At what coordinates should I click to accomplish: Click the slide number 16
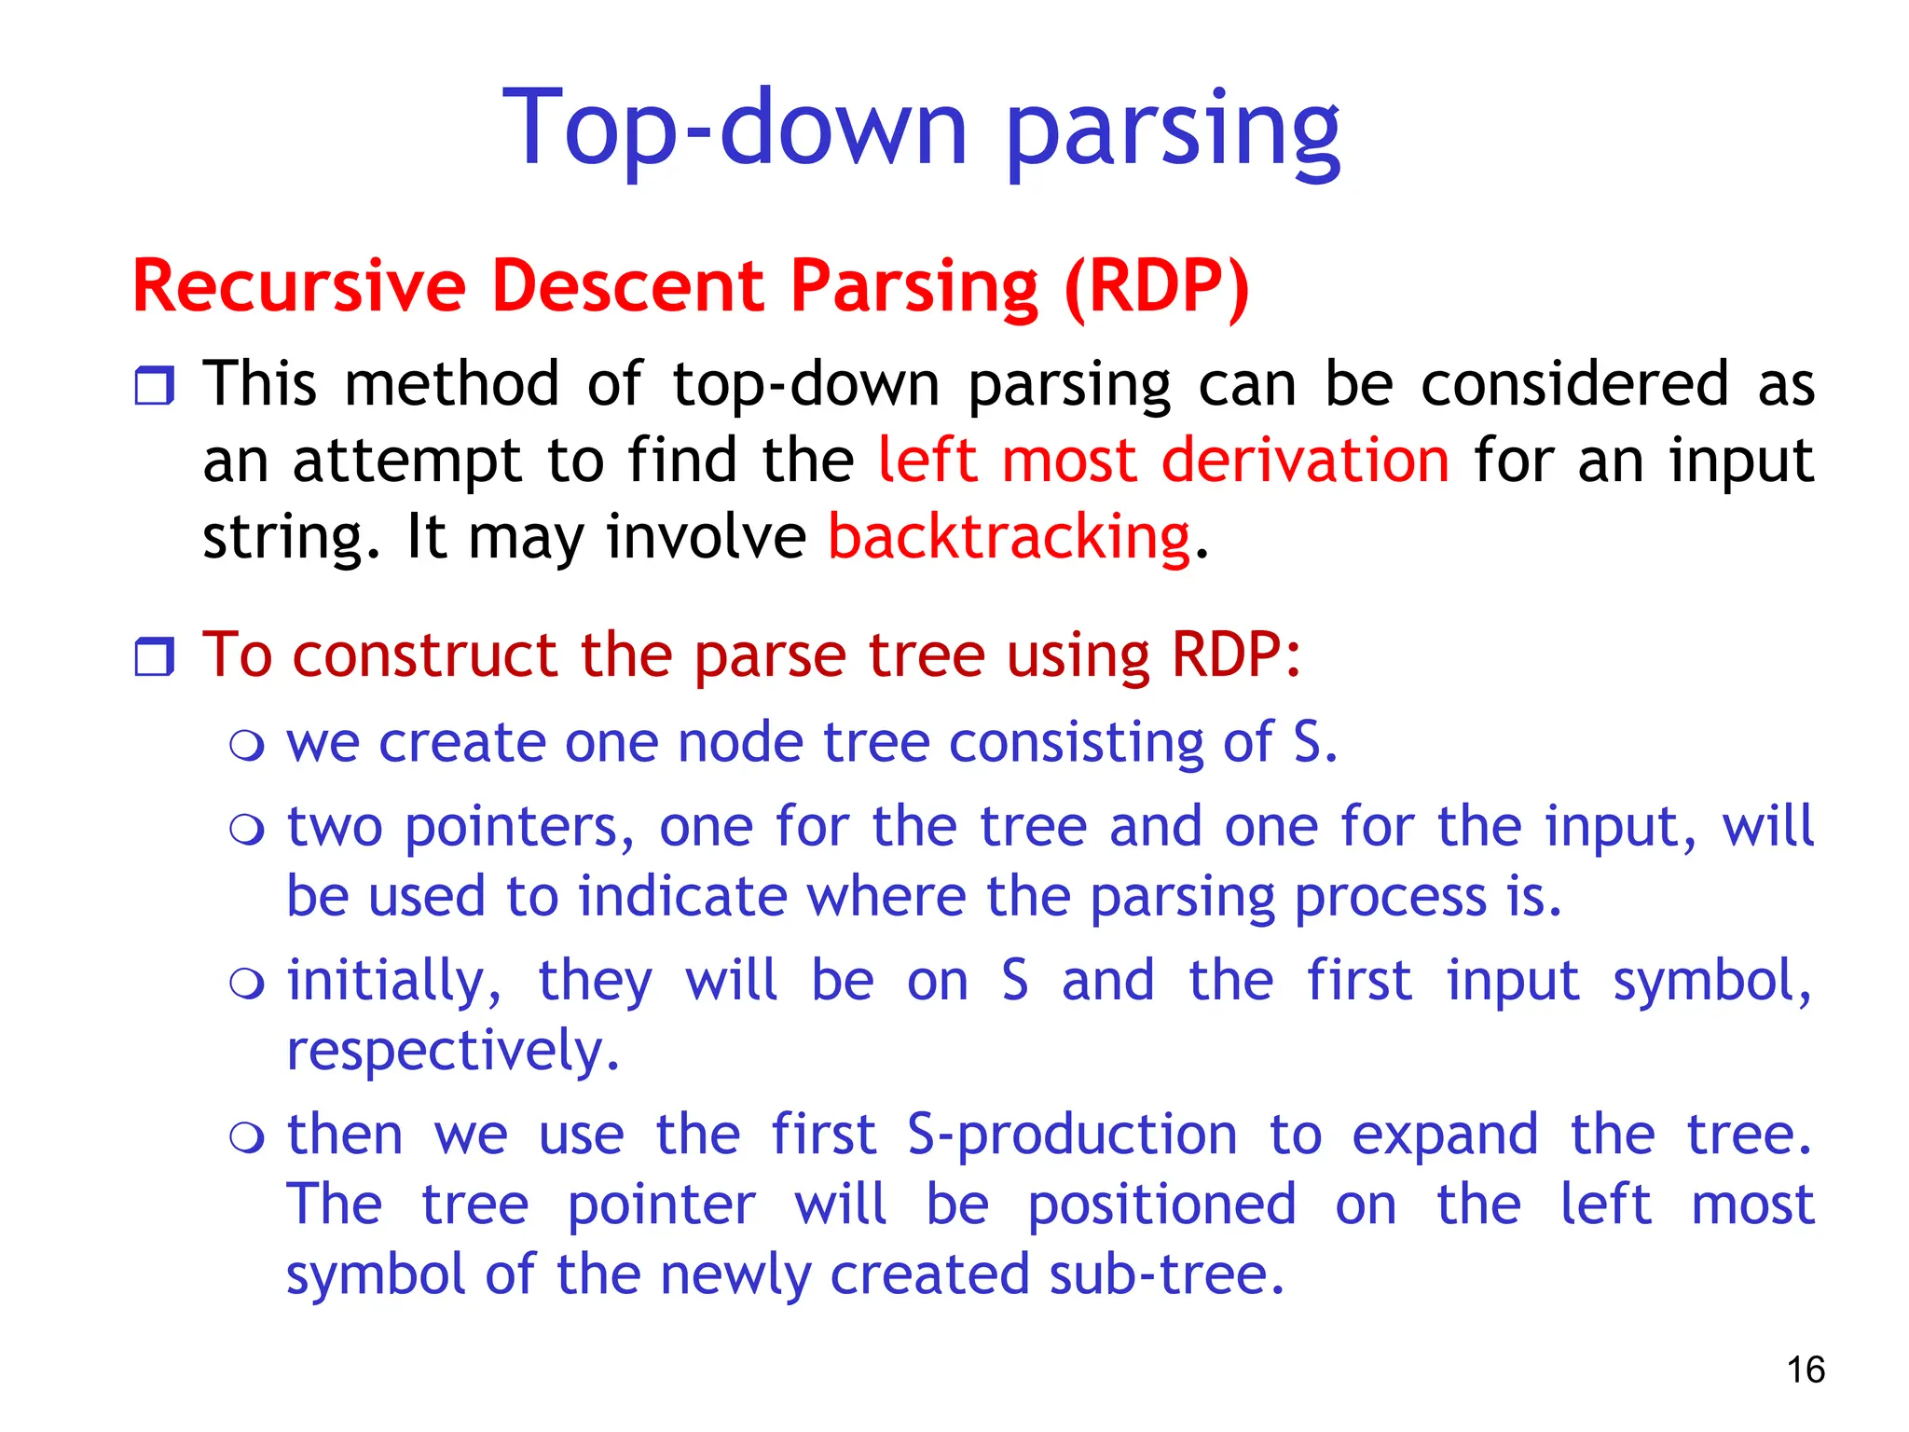pyautogui.click(x=1805, y=1370)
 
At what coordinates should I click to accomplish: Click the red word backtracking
pyautogui.click(x=1009, y=538)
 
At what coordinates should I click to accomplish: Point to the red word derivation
pyautogui.click(x=1304, y=461)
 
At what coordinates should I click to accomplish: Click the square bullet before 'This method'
pyautogui.click(x=155, y=385)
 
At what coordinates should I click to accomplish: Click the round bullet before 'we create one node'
pyautogui.click(x=247, y=745)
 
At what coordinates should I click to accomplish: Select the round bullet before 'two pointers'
pyautogui.click(x=247, y=829)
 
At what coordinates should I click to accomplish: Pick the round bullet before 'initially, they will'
pyautogui.click(x=247, y=983)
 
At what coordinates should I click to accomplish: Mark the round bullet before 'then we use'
pyautogui.click(x=247, y=1136)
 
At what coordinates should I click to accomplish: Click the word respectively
pyautogui.click(x=452, y=1052)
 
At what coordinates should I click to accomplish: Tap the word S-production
pyautogui.click(x=1072, y=1136)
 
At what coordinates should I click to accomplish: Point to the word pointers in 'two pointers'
pyautogui.click(x=519, y=828)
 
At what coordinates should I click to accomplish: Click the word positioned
pyautogui.click(x=1161, y=1205)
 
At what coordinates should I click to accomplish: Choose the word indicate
pyautogui.click(x=682, y=897)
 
